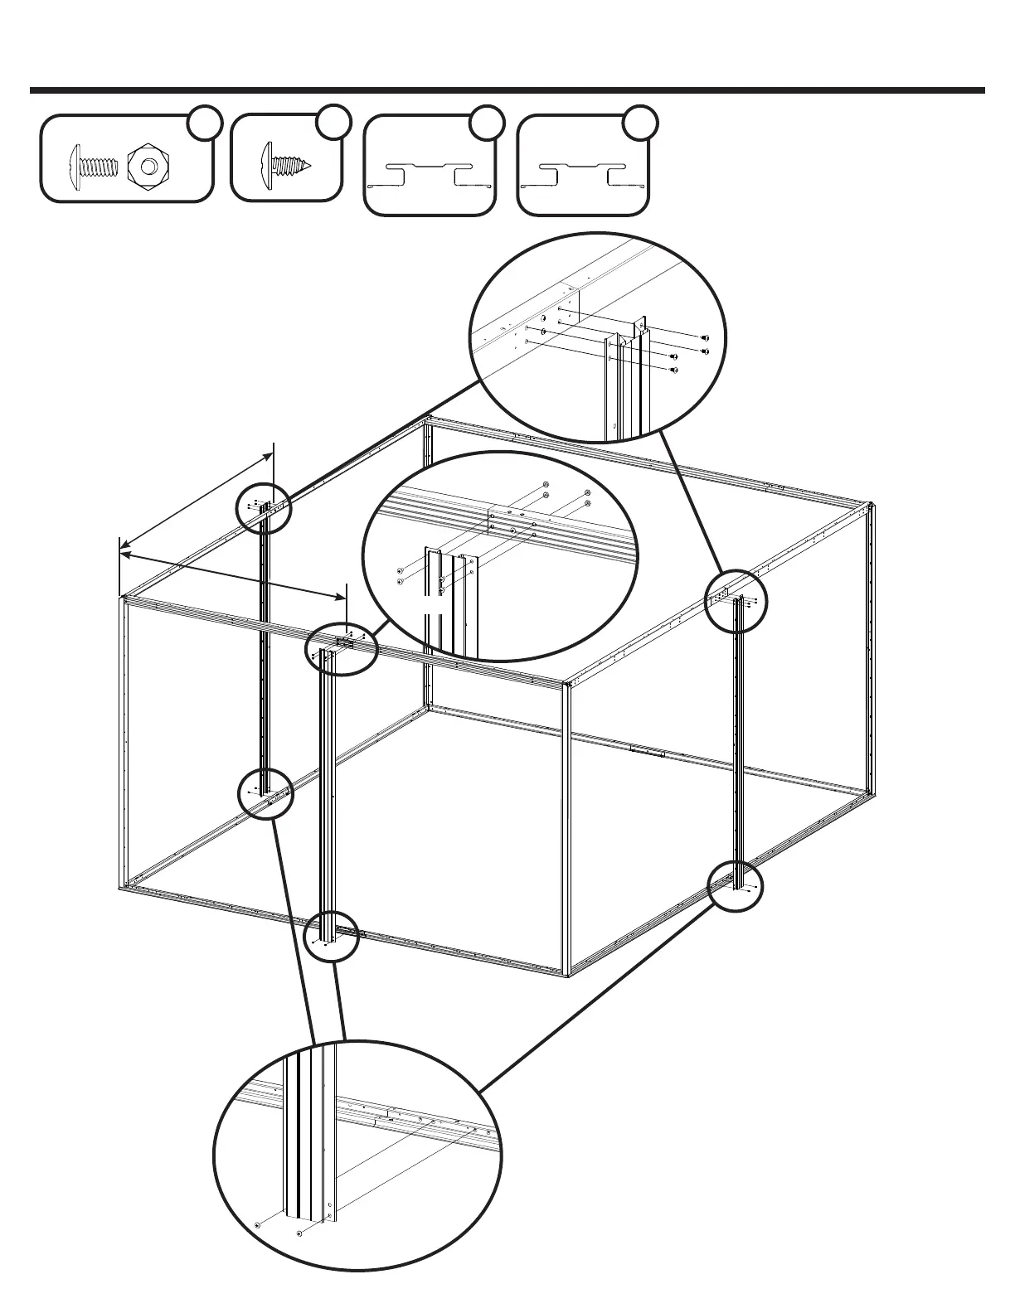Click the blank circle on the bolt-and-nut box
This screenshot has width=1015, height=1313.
(204, 123)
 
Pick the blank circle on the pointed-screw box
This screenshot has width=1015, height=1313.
(333, 122)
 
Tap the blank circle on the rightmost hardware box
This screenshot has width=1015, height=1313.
(639, 122)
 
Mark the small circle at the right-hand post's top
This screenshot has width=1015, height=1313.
(736, 602)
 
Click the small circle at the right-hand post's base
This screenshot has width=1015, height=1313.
(736, 887)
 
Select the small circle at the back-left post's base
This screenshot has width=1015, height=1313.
(265, 794)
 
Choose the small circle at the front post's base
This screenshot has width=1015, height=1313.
(331, 936)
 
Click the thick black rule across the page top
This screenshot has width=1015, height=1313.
(507, 90)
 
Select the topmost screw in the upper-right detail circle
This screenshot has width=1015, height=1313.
(705, 338)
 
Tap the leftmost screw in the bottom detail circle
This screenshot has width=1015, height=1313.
(257, 1224)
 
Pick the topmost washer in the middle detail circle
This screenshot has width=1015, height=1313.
(545, 485)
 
